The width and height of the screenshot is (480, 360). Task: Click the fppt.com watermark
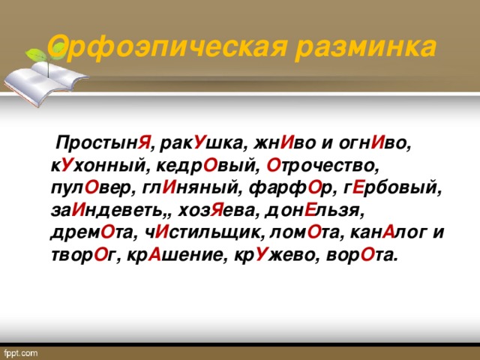coord(24,351)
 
